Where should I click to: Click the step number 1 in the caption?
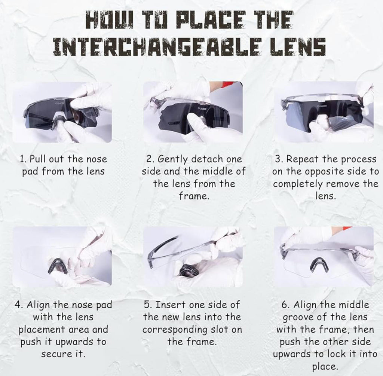[x=23, y=159]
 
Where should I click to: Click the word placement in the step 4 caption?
[x=42, y=330]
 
